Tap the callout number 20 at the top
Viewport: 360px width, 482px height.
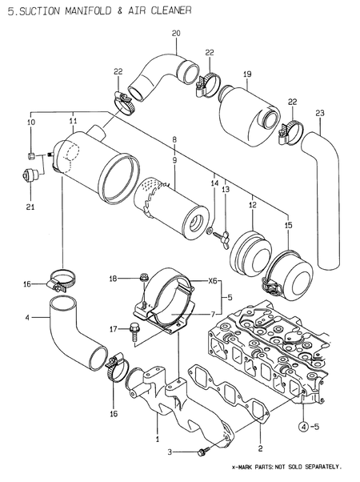pos(176,32)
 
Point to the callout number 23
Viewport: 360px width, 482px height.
pos(320,112)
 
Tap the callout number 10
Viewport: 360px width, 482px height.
pos(30,123)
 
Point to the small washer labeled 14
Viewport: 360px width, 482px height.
pos(210,233)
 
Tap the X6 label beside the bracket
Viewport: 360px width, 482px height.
pos(213,281)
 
